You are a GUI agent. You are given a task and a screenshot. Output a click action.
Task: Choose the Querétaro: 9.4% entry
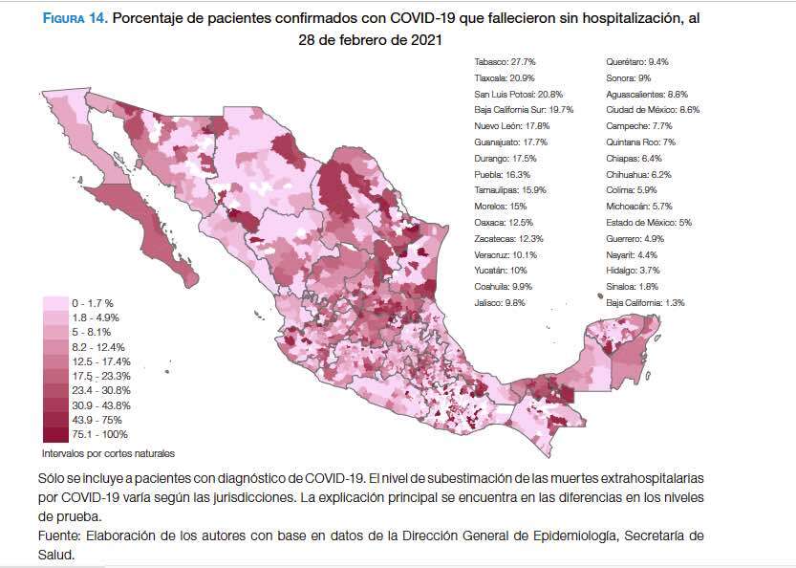[637, 61]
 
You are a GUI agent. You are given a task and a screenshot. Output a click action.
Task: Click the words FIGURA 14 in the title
[74, 18]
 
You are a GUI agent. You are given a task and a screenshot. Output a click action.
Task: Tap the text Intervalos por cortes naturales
[108, 452]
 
